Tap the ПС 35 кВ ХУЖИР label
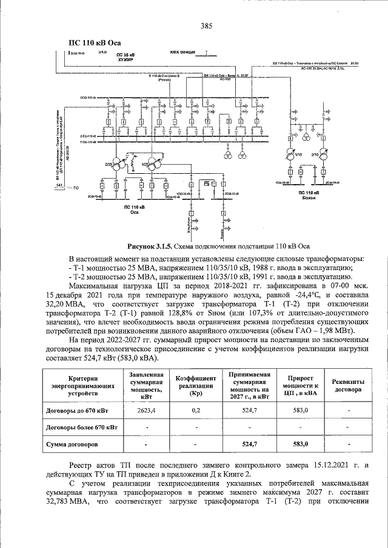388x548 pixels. pyautogui.click(x=125, y=58)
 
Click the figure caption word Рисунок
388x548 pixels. pyautogui.click(x=143, y=247)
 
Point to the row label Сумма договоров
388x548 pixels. pyautogui.click(x=72, y=444)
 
